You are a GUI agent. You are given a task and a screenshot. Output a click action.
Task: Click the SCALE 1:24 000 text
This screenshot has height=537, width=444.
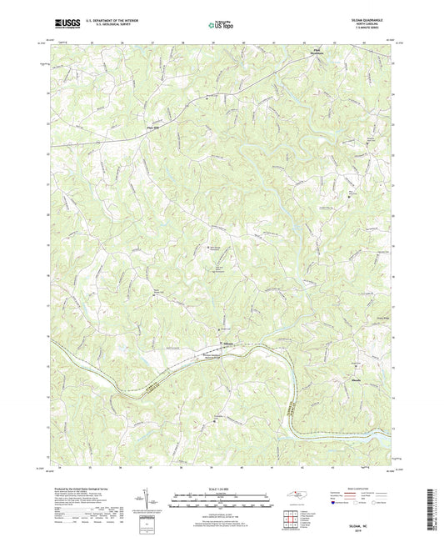point(222,489)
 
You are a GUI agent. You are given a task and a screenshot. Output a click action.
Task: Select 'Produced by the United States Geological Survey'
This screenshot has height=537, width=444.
point(83,488)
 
